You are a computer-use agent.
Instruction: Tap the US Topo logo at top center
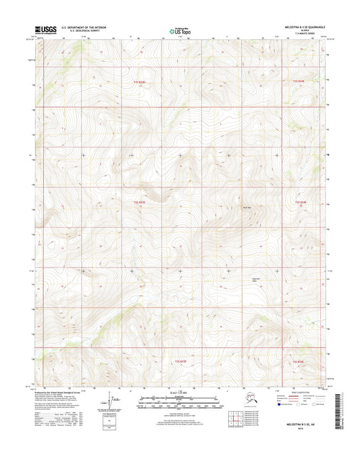coord(179,30)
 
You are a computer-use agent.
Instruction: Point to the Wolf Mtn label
coord(247,208)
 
